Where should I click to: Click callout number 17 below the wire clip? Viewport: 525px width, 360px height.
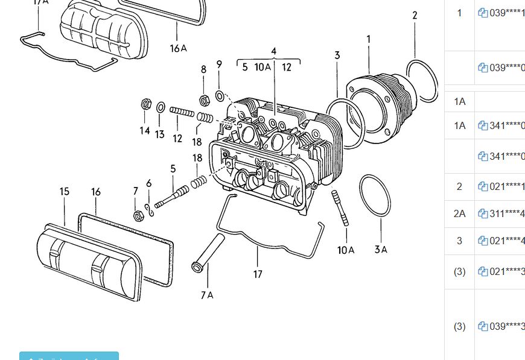pyautogui.click(x=258, y=274)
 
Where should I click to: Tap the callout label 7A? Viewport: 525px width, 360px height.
pyautogui.click(x=207, y=295)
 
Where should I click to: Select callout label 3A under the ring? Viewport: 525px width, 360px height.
pyautogui.click(x=381, y=249)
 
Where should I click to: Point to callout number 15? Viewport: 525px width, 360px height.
pyautogui.click(x=65, y=192)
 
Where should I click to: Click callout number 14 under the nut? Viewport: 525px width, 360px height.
pyautogui.click(x=145, y=130)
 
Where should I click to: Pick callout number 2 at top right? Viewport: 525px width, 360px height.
pyautogui.click(x=415, y=15)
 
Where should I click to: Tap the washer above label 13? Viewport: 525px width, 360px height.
pyautogui.click(x=161, y=107)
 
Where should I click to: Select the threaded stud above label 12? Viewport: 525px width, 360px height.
pyautogui.click(x=181, y=112)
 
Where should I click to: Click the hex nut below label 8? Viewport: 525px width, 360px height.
pyautogui.click(x=204, y=98)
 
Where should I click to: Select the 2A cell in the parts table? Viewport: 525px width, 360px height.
pyautogui.click(x=460, y=213)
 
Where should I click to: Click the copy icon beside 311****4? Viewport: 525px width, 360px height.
pyautogui.click(x=483, y=213)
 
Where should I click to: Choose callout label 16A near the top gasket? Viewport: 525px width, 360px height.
pyautogui.click(x=179, y=48)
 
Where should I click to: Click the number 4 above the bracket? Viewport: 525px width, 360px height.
pyautogui.click(x=273, y=51)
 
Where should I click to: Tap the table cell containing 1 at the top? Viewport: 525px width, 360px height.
pyautogui.click(x=460, y=13)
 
